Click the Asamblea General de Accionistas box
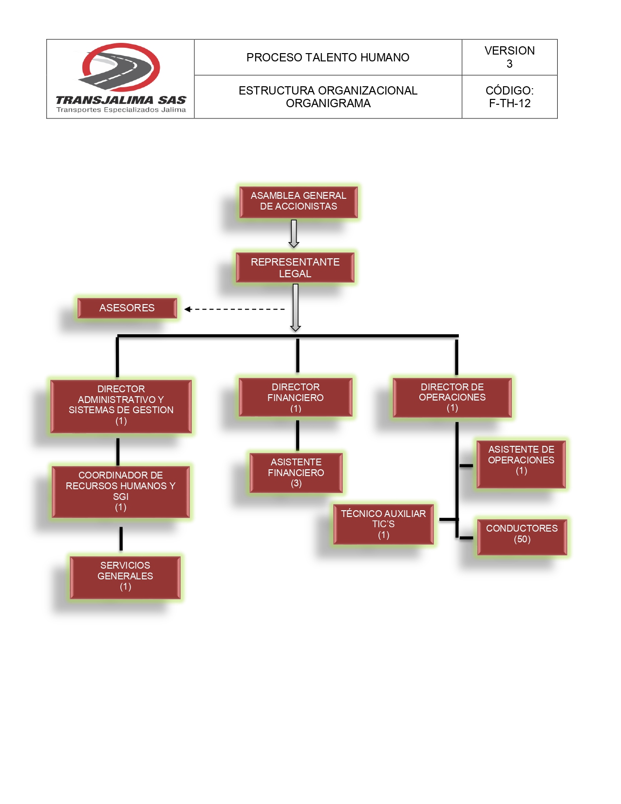tap(298, 202)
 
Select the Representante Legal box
tap(295, 268)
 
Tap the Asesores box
tap(127, 308)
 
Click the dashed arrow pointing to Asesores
tap(234, 309)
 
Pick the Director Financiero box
tap(296, 397)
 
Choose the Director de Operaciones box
tap(452, 397)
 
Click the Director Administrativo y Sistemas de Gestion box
tap(121, 405)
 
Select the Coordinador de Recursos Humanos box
tap(121, 491)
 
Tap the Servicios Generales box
tap(125, 576)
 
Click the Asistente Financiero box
tap(296, 473)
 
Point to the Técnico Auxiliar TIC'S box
tap(383, 524)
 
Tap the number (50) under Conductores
tap(522, 539)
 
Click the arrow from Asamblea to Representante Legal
tap(294, 233)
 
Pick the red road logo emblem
tap(120, 68)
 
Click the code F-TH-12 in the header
tap(509, 103)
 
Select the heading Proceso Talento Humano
tap(328, 57)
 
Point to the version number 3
tap(509, 64)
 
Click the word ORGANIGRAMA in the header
tap(328, 103)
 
